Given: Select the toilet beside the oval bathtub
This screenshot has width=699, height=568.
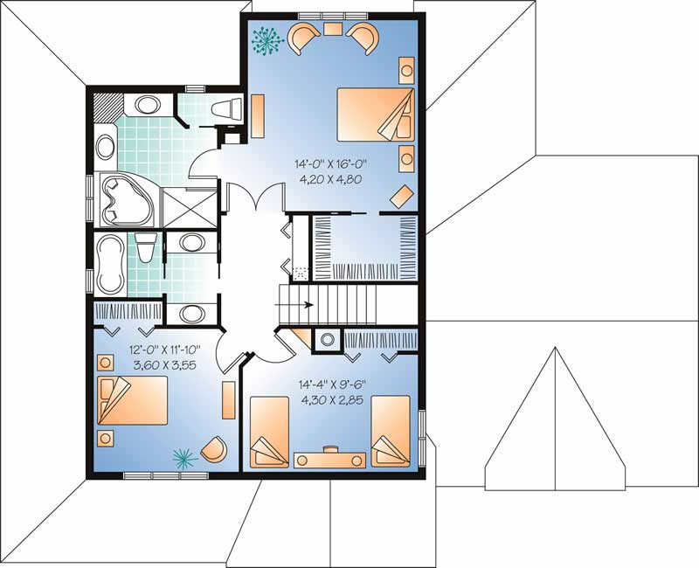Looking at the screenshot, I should coord(146,247).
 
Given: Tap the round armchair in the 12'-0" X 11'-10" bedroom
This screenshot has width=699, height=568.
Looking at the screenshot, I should coord(214,449).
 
